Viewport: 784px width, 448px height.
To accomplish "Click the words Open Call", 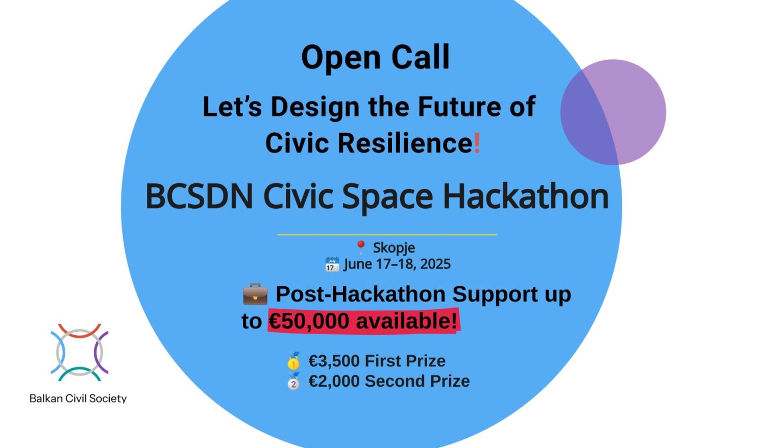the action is tap(375, 58).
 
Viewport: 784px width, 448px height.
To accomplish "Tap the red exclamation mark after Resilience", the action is tap(477, 143).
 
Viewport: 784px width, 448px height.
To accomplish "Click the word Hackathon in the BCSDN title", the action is tap(526, 196).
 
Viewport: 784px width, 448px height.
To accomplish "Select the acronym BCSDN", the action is tap(199, 196).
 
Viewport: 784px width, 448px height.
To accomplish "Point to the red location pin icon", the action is tap(360, 247).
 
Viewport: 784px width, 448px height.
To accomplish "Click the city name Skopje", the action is tap(394, 248).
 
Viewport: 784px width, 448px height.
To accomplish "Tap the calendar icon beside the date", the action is tap(332, 264).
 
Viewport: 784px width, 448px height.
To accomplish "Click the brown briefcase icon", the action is tap(255, 294).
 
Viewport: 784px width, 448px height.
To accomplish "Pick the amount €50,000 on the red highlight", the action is tap(309, 321).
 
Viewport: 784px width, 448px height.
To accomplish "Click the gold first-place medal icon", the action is tap(293, 361).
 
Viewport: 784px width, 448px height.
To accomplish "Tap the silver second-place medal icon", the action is tap(293, 381).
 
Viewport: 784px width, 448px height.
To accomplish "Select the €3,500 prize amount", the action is tap(334, 361).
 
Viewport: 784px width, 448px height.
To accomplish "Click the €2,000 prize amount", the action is tap(334, 381).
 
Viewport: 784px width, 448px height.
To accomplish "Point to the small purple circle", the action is tap(613, 112).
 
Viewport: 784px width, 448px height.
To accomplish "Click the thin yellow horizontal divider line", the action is tap(387, 235).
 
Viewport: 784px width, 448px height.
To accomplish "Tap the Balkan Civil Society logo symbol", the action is tap(80, 352).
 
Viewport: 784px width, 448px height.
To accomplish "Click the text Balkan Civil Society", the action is tap(78, 399).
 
